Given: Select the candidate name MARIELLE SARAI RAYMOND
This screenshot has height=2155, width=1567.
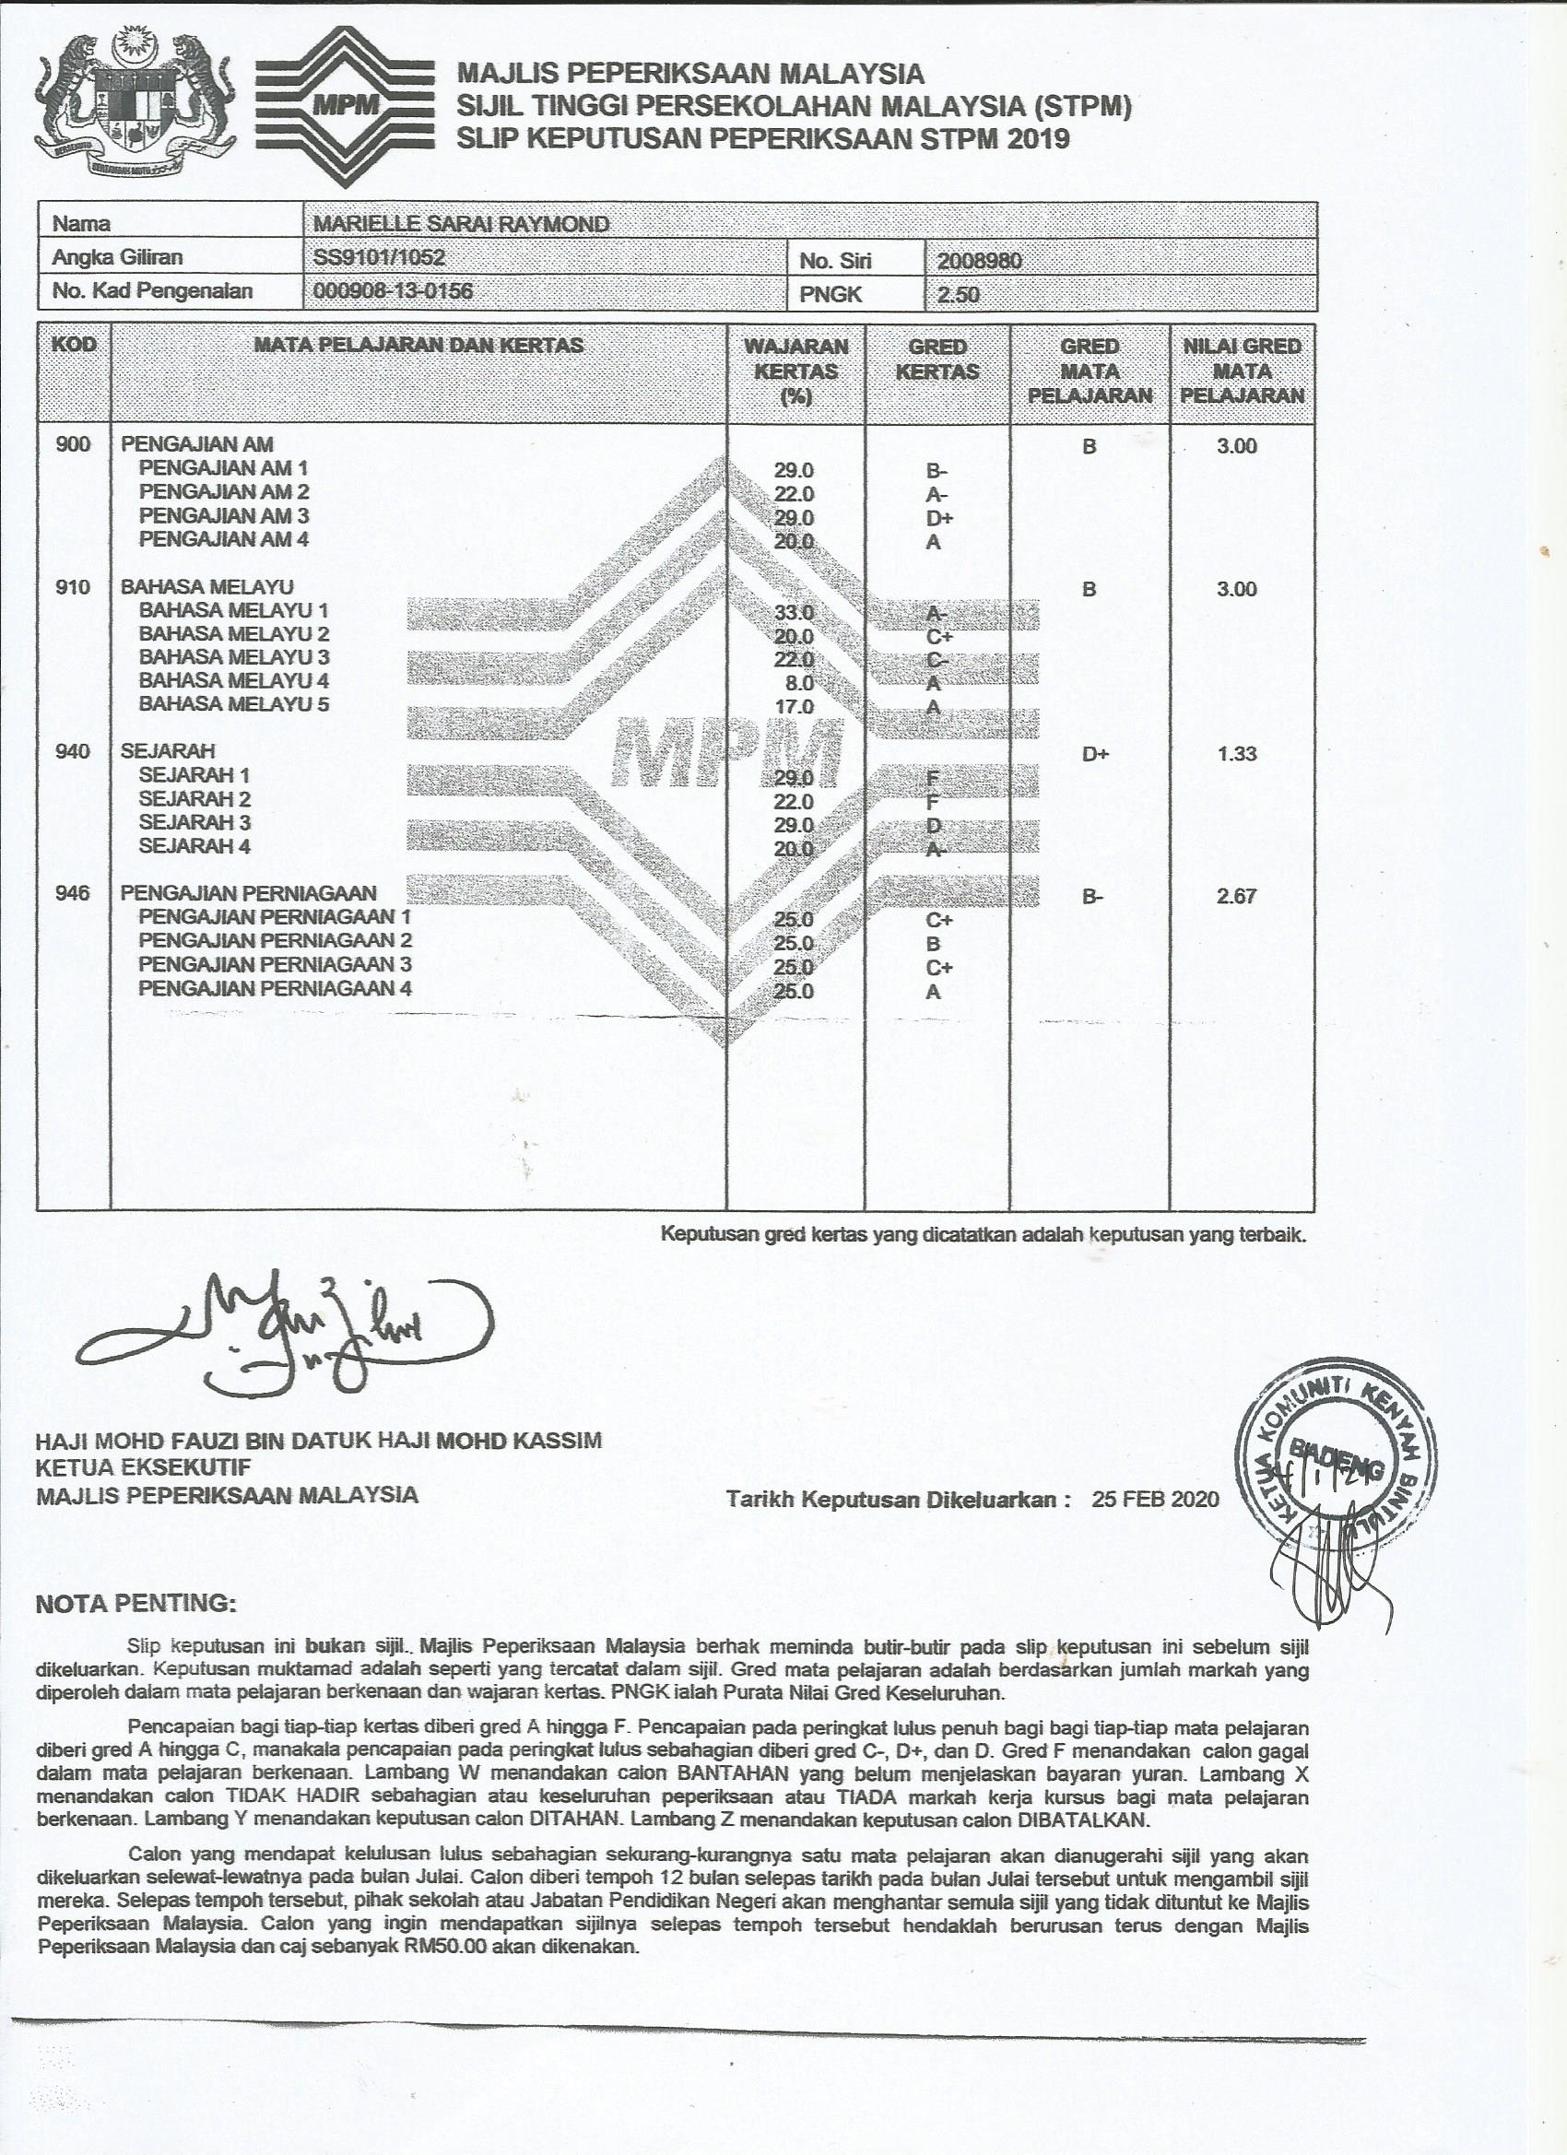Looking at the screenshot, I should coord(461,224).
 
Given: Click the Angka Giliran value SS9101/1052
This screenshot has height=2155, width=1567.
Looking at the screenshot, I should coord(379,257).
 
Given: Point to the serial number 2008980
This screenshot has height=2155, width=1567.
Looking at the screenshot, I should coord(980,260).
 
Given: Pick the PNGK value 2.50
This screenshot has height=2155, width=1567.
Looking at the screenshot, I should coord(957,295).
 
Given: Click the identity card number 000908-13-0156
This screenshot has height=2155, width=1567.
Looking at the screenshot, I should coord(393,290).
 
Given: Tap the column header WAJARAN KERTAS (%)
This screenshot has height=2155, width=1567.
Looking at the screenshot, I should coord(795,371).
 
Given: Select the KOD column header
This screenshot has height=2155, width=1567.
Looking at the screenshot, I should coord(74,344).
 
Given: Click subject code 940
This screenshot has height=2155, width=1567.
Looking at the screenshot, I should coord(73,751).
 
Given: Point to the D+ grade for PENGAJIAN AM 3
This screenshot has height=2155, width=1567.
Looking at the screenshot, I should coord(939,519).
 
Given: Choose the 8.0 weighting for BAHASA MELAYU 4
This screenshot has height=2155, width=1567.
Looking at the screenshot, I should coord(799,683).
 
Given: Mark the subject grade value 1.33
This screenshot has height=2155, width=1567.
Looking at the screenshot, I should coord(1236,753).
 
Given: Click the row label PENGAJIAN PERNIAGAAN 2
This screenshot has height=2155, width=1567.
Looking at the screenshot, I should coord(276,941).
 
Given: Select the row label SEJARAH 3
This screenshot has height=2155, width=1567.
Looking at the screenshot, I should coord(194,823).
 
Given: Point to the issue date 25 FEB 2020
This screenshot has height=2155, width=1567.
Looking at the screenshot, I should coord(1155,1500).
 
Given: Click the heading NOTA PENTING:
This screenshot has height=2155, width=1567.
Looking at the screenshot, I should coord(134,1604).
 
